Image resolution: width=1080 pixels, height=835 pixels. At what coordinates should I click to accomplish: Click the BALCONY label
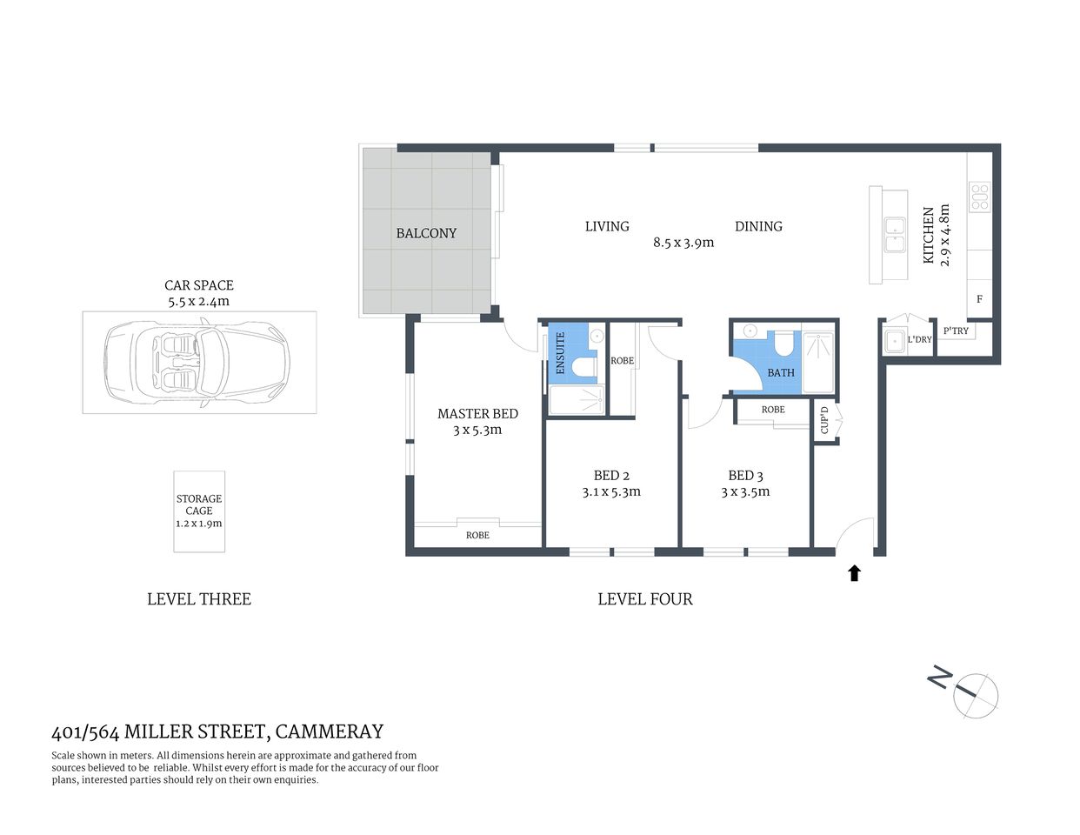[x=426, y=233]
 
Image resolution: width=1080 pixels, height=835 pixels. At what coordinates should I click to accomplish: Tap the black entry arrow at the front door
[x=854, y=573]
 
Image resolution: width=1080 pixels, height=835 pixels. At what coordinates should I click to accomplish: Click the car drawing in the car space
[x=199, y=362]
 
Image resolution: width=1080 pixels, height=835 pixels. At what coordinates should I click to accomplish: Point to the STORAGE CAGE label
[x=199, y=505]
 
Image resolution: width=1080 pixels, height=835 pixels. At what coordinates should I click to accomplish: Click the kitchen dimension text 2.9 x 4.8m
[x=945, y=235]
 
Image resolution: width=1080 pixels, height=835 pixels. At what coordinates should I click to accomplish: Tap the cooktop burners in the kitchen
[x=979, y=197]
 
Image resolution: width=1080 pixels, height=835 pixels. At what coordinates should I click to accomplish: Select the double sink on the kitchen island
[x=894, y=235]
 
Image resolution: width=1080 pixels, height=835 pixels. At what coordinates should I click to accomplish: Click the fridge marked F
[x=979, y=299]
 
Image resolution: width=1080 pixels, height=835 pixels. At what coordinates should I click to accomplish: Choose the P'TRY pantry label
[x=956, y=331]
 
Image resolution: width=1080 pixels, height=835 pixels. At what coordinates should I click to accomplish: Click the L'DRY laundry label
[x=919, y=339]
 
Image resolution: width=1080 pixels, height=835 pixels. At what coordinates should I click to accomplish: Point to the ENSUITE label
[x=560, y=353]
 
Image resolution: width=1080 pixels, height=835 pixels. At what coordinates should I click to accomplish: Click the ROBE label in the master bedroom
[x=477, y=535]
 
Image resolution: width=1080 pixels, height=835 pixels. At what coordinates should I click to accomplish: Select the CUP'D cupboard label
[x=824, y=421]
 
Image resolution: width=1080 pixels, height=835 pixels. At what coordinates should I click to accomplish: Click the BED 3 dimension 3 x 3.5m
[x=745, y=491]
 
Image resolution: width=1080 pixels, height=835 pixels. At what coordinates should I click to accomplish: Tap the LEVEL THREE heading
[x=199, y=599]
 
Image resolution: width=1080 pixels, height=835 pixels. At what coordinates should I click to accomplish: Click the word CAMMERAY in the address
[x=330, y=731]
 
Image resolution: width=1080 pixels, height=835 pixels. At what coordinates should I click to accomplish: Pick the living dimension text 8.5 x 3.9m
[x=683, y=243]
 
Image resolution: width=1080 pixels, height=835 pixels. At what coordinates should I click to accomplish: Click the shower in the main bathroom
[x=817, y=361]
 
